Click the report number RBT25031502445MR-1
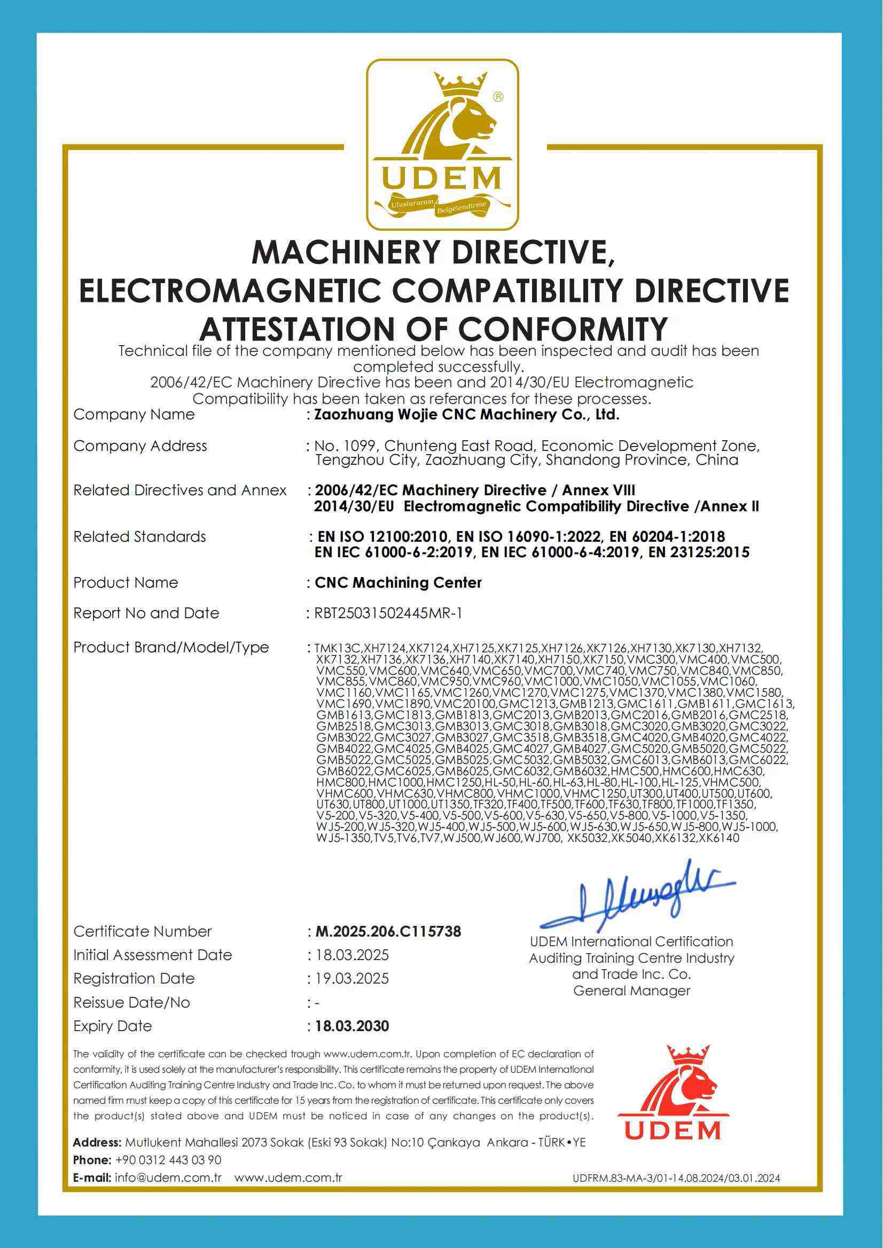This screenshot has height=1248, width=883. [x=388, y=613]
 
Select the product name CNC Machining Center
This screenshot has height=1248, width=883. [x=398, y=582]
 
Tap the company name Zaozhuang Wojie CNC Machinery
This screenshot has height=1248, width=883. [x=466, y=415]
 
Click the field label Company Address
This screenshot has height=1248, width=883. [x=140, y=446]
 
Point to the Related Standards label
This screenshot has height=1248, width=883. [x=140, y=537]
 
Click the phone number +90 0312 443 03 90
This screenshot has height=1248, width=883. [x=169, y=1160]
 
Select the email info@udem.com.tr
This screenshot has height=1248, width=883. [x=168, y=1178]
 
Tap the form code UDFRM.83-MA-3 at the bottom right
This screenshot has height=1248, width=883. [x=676, y=1179]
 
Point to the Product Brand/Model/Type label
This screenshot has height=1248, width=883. [x=171, y=647]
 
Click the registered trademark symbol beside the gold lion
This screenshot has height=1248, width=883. [x=497, y=97]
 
